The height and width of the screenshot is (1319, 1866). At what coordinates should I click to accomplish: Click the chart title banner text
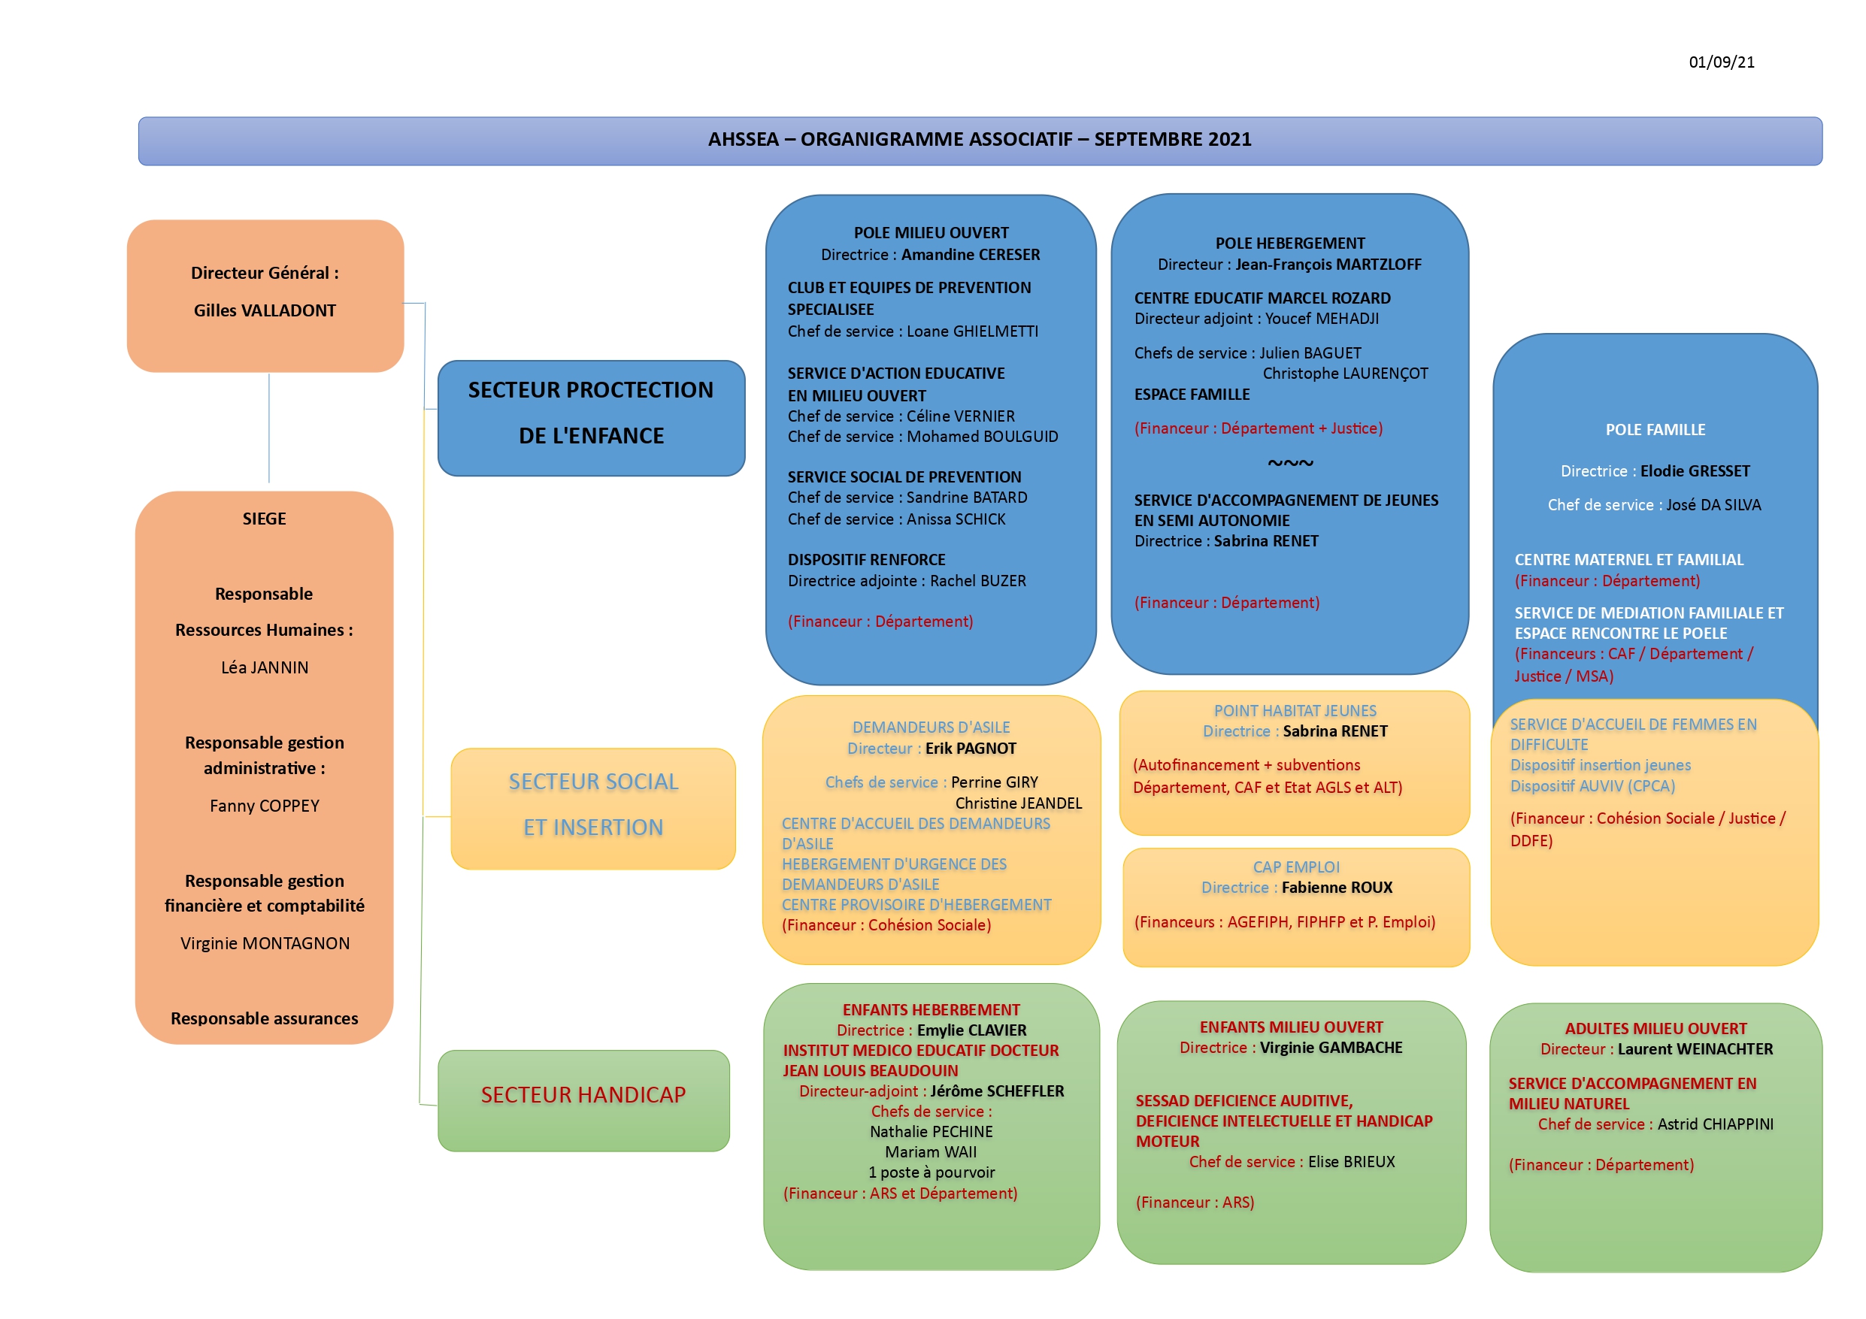(x=980, y=140)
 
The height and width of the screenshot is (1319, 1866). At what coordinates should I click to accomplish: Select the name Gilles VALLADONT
(x=264, y=310)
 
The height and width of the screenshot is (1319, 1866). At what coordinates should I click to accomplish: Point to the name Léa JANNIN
(x=264, y=667)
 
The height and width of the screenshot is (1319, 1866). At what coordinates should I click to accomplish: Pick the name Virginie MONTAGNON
(x=264, y=943)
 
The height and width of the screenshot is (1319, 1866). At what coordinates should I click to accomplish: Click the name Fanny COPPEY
(x=264, y=806)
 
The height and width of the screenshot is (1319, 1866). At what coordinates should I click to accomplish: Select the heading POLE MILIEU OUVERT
(x=931, y=233)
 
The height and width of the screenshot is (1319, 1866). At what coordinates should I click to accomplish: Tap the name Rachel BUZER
(x=977, y=581)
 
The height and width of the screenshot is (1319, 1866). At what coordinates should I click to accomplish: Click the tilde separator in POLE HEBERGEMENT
(x=1290, y=463)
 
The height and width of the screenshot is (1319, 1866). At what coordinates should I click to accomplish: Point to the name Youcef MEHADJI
(x=1322, y=319)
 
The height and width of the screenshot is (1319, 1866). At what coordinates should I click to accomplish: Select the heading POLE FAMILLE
(x=1655, y=430)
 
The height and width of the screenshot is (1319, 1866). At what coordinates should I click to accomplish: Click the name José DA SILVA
(x=1713, y=505)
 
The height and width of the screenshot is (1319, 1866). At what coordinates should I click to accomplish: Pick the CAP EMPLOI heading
(x=1295, y=867)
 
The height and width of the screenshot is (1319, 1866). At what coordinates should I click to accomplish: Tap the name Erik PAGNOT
(x=971, y=749)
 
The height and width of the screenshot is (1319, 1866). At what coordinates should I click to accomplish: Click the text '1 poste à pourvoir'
(x=931, y=1172)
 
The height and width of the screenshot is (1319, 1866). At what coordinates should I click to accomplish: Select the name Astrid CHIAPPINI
(x=1715, y=1124)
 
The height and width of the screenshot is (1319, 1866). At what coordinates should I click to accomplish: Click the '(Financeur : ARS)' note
(x=1195, y=1202)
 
